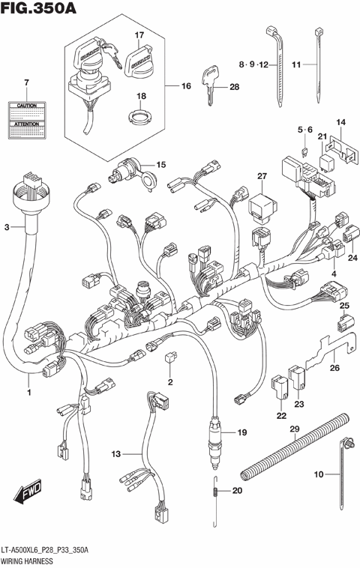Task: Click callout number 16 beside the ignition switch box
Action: click(186, 86)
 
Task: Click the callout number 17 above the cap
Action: click(138, 35)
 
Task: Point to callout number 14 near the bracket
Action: click(340, 121)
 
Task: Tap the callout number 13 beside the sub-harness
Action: click(115, 454)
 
